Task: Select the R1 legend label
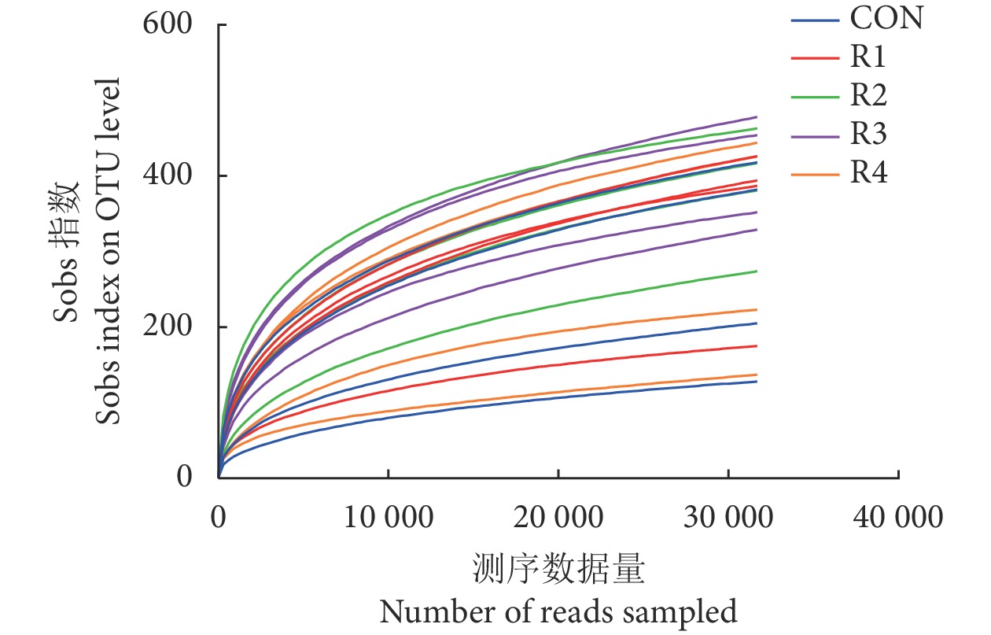coord(868,57)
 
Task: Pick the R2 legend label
coord(868,96)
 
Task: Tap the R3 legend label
coord(868,135)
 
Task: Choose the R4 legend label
coord(868,173)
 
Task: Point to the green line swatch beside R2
coord(814,96)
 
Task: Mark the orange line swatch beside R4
coord(814,173)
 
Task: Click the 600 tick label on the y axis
coord(168,25)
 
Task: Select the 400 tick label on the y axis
coord(168,176)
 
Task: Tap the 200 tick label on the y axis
coord(168,327)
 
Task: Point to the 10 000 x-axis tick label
coord(388,517)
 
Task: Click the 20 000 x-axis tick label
coord(558,517)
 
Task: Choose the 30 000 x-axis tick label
coord(728,517)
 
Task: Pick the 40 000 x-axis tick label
coord(897,517)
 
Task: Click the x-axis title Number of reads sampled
coord(558,611)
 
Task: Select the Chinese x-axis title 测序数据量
coord(558,569)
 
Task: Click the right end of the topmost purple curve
coord(756,116)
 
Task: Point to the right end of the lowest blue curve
coord(756,382)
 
